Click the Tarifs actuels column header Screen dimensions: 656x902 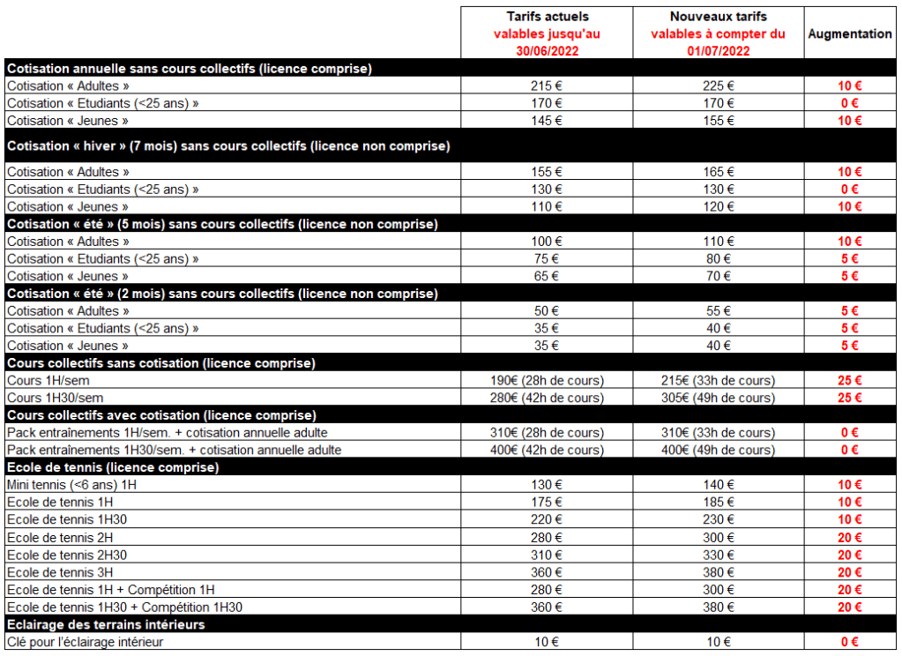click(547, 17)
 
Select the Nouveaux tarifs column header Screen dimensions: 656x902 click(718, 17)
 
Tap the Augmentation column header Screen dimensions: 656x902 click(850, 34)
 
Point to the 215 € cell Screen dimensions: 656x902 click(547, 86)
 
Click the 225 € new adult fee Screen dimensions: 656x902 click(718, 86)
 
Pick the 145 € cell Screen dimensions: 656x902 click(547, 121)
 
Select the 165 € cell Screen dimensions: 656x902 click(718, 172)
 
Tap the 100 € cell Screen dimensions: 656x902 click(547, 242)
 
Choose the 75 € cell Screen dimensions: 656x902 click(547, 259)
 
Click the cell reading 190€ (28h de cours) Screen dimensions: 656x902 click(547, 381)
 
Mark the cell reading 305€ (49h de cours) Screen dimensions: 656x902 click(718, 399)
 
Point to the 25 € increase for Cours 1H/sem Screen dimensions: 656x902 click(850, 381)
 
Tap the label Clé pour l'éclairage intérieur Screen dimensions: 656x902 click(85, 642)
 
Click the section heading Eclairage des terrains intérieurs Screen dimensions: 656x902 click(106, 624)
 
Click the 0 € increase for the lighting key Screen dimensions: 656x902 click(850, 642)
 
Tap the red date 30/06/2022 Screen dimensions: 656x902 click(547, 51)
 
